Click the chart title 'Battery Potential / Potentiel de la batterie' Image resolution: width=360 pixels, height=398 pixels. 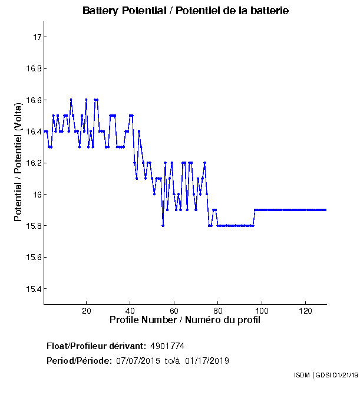186,11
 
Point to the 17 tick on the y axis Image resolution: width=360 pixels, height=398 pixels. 38,37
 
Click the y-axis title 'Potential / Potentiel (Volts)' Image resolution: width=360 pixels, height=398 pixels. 18,163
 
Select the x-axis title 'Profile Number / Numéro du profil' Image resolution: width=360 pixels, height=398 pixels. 185,320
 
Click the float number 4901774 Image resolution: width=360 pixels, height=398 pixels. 168,346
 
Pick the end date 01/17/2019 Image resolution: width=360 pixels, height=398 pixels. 207,360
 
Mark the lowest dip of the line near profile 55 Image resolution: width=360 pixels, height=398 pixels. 163,225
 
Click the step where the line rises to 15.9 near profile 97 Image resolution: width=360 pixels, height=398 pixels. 255,210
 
